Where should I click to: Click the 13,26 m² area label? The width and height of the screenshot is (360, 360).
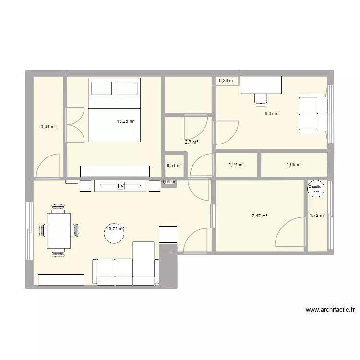click(x=125, y=121)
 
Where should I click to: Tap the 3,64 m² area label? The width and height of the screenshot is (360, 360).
click(x=48, y=127)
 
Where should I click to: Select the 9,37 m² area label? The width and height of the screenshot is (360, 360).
click(x=272, y=114)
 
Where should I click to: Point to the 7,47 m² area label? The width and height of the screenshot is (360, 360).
click(x=260, y=216)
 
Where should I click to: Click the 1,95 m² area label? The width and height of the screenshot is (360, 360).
click(x=293, y=165)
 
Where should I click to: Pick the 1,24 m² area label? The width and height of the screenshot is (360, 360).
click(x=237, y=165)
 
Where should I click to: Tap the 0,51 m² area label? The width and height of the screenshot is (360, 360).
click(x=174, y=166)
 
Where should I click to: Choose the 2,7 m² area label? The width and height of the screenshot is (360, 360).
click(x=191, y=142)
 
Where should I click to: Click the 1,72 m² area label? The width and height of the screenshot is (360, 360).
click(x=317, y=216)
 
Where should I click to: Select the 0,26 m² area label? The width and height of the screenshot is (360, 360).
click(x=227, y=81)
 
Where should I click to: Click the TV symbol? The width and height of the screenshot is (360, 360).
click(x=120, y=185)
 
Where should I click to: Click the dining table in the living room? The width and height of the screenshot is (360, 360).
click(x=59, y=230)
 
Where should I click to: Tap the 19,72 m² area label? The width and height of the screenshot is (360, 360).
click(x=115, y=229)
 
